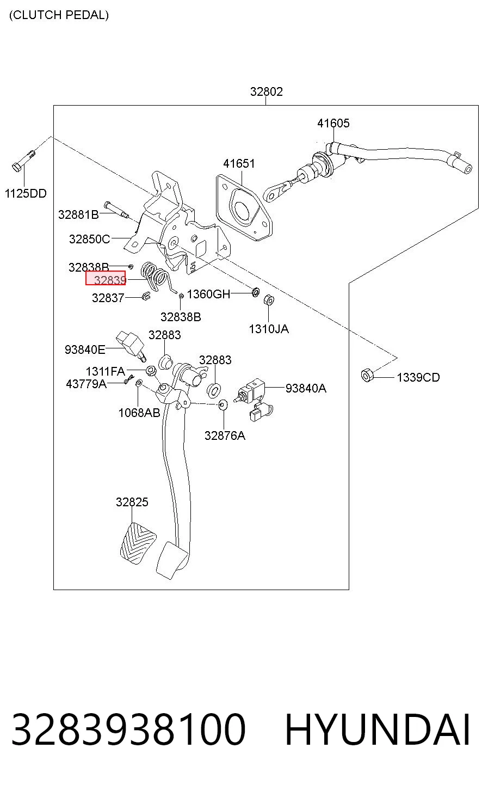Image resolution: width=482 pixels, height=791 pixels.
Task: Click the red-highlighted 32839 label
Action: pos(106,278)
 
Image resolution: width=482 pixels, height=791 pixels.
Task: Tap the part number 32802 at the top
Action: pos(267,92)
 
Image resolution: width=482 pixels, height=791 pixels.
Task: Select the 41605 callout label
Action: pos(333,123)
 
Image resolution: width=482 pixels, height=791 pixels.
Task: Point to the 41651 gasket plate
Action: pos(244,207)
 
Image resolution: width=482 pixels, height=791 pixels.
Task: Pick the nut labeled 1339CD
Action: pos(367,375)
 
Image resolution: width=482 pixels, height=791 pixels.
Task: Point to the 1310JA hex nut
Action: pos(269,300)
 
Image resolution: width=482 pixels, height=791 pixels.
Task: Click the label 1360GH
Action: pos(208,294)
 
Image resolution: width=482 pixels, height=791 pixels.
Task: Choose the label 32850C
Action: pos(89,239)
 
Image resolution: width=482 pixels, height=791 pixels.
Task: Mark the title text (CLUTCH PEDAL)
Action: pos(59,15)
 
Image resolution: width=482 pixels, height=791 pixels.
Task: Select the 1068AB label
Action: pos(139,413)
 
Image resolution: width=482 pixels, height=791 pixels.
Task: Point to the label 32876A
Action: pos(225,436)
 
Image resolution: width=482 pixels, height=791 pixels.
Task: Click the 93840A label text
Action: pos(306,388)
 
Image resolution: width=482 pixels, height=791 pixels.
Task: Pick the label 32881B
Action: pos(78,214)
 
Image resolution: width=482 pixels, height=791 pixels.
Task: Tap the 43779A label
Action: pos(86,383)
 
